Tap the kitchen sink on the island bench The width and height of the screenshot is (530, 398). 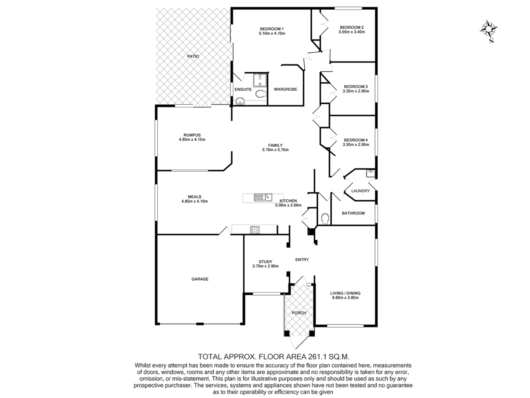[x=262, y=198]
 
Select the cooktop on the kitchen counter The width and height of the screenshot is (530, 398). [x=255, y=230]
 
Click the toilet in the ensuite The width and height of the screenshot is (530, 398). [x=261, y=94]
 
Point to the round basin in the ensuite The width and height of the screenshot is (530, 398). [x=240, y=101]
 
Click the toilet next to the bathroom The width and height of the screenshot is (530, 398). [x=325, y=219]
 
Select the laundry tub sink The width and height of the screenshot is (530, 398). [x=370, y=172]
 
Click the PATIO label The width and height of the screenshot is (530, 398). [x=193, y=56]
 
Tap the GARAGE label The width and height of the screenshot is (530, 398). [x=200, y=279]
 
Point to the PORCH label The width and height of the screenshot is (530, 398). [x=299, y=313]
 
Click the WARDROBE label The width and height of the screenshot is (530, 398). [x=285, y=89]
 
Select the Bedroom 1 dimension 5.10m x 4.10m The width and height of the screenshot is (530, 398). [x=272, y=34]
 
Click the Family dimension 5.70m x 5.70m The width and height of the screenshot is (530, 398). [x=275, y=150]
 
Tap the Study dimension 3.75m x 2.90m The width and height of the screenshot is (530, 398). [x=265, y=266]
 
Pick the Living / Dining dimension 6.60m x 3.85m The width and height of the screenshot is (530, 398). [x=345, y=298]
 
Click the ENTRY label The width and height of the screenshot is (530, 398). [x=302, y=259]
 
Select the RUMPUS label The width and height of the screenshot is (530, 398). [x=192, y=135]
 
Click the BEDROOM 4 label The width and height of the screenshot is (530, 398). [x=356, y=140]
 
